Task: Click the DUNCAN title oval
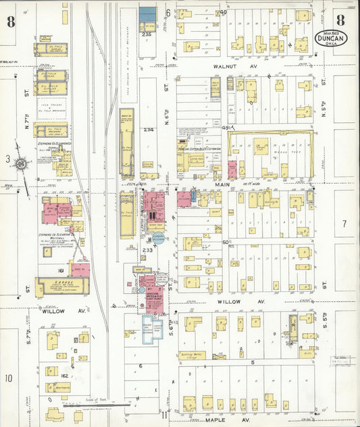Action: pyautogui.click(x=331, y=38)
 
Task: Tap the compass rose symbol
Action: pyautogui.click(x=22, y=164)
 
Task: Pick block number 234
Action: pyautogui.click(x=149, y=130)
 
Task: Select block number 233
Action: pyautogui.click(x=148, y=249)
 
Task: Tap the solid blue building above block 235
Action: pyautogui.click(x=147, y=14)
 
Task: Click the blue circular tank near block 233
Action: pyautogui.click(x=157, y=237)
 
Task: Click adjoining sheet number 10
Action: pyautogui.click(x=9, y=378)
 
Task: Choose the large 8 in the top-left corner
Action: pyautogui.click(x=11, y=21)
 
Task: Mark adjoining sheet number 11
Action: pyautogui.click(x=164, y=413)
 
